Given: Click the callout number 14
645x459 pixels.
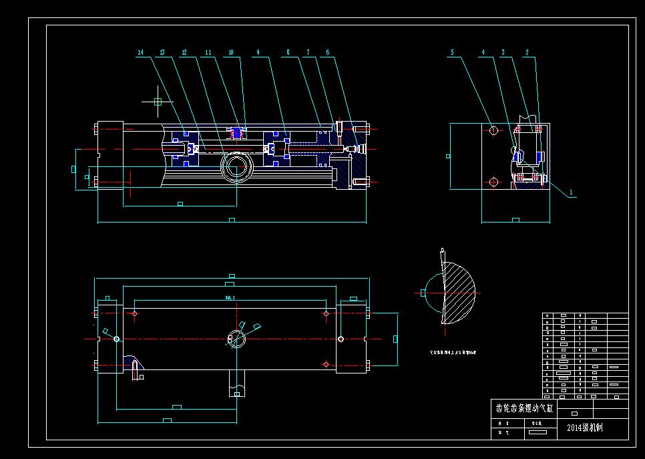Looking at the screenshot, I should click(140, 52).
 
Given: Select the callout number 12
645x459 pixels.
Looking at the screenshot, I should click(184, 52).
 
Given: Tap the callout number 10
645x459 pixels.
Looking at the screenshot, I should click(230, 52).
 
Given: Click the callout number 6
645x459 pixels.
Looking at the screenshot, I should click(327, 52).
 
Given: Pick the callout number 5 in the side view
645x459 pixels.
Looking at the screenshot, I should click(452, 52).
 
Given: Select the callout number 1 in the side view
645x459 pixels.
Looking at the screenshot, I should click(571, 193).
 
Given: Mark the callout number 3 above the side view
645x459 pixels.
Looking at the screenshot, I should click(503, 52).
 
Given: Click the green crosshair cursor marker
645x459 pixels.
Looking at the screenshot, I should click(158, 102).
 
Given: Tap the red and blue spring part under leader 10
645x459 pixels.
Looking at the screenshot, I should click(236, 134).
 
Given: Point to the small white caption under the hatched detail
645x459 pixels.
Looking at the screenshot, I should click(453, 350).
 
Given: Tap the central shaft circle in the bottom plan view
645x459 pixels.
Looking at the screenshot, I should click(235, 338).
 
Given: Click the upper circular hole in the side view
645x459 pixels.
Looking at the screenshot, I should click(493, 131).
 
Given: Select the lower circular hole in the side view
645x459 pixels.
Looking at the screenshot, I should click(493, 181).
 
